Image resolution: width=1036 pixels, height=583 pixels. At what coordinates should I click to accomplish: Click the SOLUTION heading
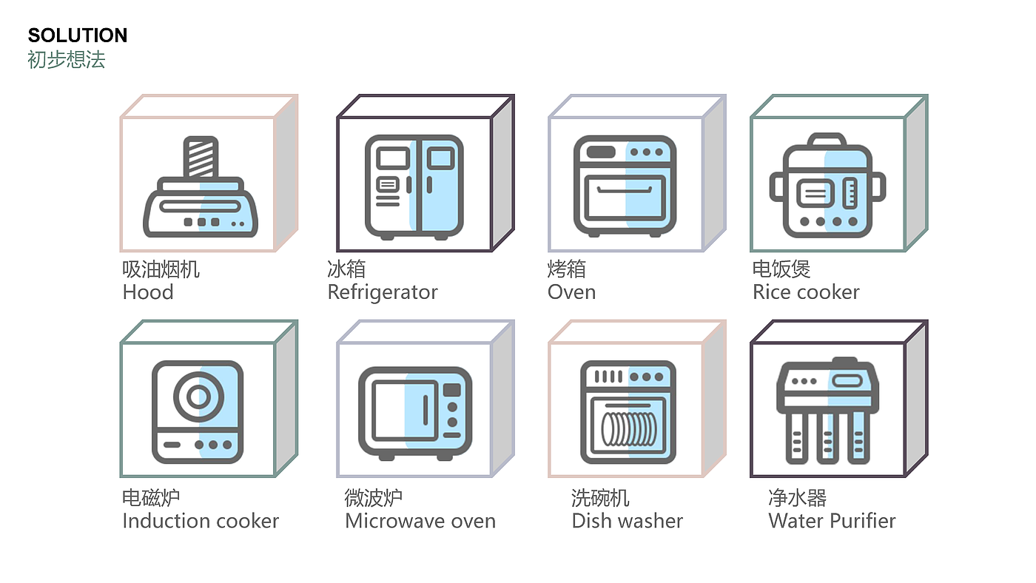pyautogui.click(x=78, y=35)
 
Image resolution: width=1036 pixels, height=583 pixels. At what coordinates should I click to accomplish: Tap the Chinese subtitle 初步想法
pyautogui.click(x=67, y=59)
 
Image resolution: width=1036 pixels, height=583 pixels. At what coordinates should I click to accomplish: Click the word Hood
pyautogui.click(x=148, y=292)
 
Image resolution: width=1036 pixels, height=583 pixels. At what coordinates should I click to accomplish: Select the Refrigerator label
pyautogui.click(x=383, y=292)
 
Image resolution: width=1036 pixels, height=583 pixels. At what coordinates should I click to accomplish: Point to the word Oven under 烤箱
pyautogui.click(x=571, y=292)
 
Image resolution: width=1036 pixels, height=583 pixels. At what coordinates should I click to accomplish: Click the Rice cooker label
pyautogui.click(x=806, y=292)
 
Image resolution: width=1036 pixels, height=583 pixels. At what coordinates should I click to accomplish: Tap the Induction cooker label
pyautogui.click(x=201, y=521)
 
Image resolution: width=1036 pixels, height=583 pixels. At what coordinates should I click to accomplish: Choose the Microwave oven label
pyautogui.click(x=420, y=521)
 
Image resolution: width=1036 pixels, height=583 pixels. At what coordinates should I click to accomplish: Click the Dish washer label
pyautogui.click(x=628, y=521)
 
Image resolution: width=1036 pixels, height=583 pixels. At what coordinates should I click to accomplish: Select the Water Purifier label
pyautogui.click(x=832, y=521)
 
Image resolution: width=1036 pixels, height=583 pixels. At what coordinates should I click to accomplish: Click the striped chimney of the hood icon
pyautogui.click(x=201, y=157)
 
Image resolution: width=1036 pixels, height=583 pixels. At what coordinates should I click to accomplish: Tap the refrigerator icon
pyautogui.click(x=414, y=186)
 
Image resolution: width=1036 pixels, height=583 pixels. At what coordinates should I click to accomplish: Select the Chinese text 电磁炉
pyautogui.click(x=151, y=497)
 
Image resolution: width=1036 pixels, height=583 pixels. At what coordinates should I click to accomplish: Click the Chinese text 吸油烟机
pyautogui.click(x=161, y=269)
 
